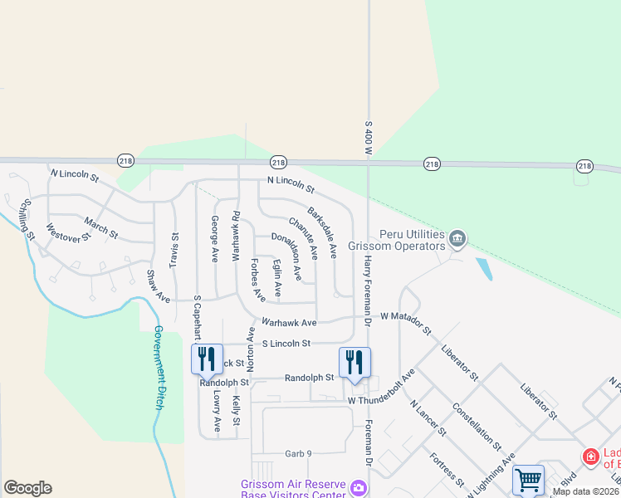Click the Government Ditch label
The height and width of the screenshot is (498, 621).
tap(158, 367)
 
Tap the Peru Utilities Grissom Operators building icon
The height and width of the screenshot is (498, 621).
tap(457, 241)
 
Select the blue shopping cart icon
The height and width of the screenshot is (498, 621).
tap(528, 480)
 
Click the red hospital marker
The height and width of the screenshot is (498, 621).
tap(590, 456)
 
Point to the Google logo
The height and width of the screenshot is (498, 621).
tap(27, 488)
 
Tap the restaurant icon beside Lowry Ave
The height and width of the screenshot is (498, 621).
tap(207, 359)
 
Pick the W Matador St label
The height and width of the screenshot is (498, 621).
tap(406, 322)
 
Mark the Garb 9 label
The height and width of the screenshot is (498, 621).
tap(297, 453)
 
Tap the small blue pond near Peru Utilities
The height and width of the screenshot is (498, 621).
tap(483, 269)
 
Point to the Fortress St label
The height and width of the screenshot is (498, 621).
tap(447, 469)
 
